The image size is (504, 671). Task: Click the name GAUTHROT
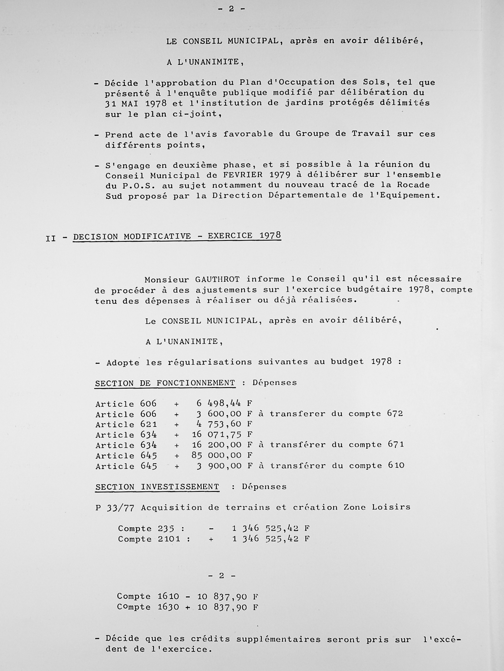coord(217,279)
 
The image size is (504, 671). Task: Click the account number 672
coord(395,413)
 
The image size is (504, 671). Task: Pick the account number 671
coord(395,444)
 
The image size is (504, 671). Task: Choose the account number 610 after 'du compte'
coord(396,465)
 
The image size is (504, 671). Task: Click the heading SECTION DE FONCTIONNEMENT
coord(165,383)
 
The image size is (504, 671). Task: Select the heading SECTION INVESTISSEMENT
coord(157,487)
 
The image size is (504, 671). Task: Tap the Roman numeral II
coord(51,239)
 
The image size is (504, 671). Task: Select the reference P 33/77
coord(114,508)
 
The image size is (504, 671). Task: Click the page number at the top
coord(231,9)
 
